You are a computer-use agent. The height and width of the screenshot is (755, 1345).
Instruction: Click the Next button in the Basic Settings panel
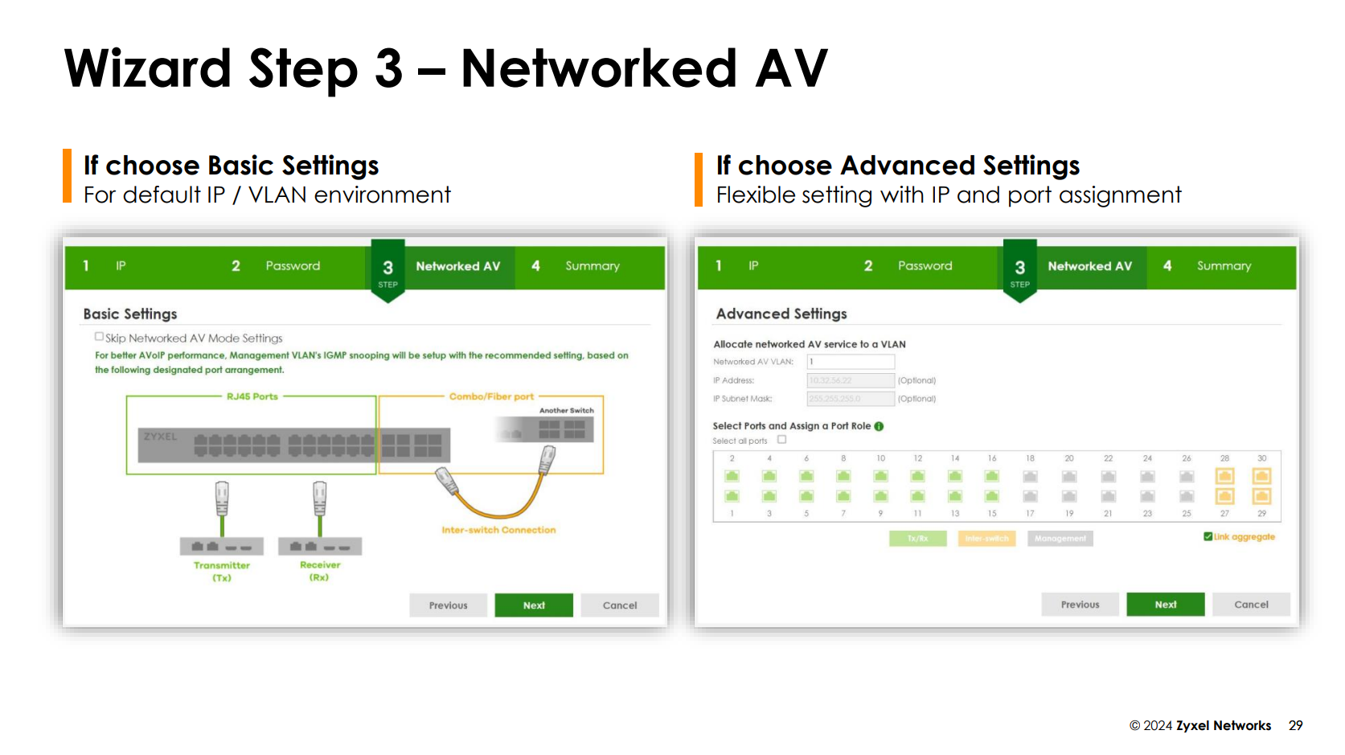533,605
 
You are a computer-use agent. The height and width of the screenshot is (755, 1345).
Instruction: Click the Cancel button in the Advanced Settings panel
1250,605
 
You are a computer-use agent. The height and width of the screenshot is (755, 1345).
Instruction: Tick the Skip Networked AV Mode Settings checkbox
99,337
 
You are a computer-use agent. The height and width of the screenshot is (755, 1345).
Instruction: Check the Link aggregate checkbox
1208,536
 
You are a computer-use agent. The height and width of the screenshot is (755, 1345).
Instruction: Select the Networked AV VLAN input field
850,362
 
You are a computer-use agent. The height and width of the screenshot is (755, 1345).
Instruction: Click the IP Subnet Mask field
850,399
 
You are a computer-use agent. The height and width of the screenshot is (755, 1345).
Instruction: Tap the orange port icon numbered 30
1261,476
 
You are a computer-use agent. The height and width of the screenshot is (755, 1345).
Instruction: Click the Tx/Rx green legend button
917,539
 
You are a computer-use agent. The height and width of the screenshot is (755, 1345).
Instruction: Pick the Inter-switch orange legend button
986,539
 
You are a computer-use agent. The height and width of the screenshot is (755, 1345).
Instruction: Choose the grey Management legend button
1060,539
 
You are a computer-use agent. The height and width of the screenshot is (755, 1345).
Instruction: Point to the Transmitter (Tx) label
222,571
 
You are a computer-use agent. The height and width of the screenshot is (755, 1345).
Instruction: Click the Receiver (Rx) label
320,571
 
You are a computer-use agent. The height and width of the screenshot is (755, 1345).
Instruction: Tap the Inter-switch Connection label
498,530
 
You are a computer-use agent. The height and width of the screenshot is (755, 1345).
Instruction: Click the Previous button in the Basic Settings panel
448,605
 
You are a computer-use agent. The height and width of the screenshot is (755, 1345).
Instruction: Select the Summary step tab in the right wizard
1223,266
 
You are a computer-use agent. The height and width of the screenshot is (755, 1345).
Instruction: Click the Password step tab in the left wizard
292,266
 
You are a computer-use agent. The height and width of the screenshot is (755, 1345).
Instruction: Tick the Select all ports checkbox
781,440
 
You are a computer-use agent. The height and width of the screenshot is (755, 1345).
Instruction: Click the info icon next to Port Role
879,426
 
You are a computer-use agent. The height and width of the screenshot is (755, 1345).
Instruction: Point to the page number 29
1295,725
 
